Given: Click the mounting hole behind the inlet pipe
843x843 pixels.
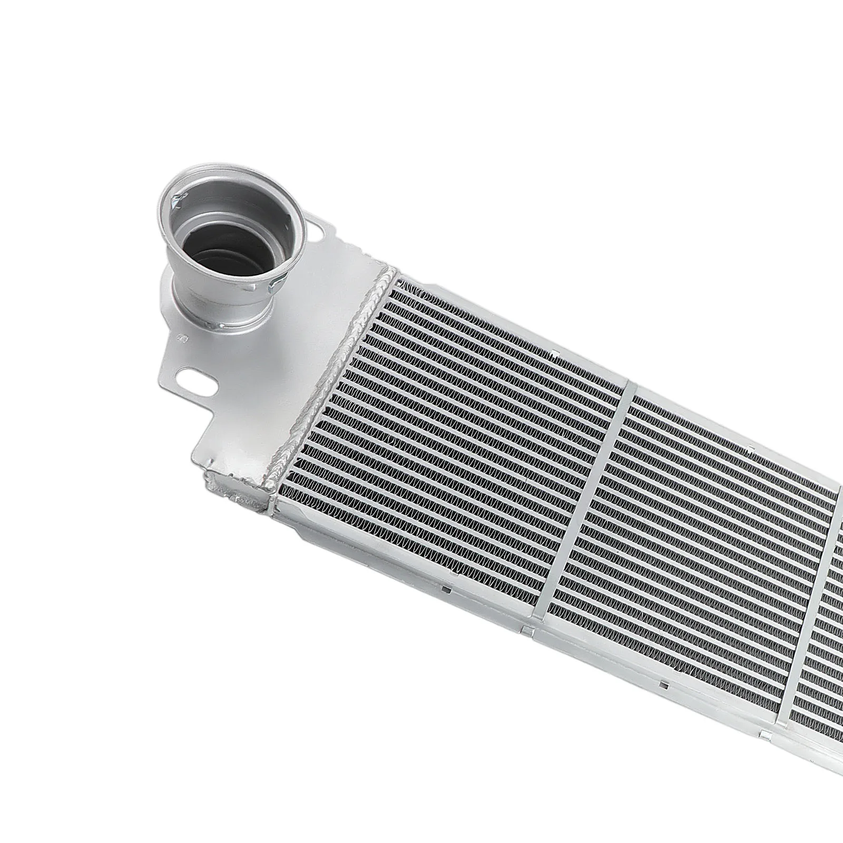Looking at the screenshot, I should [318, 231].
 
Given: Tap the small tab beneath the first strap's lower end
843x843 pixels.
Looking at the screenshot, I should [525, 628].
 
